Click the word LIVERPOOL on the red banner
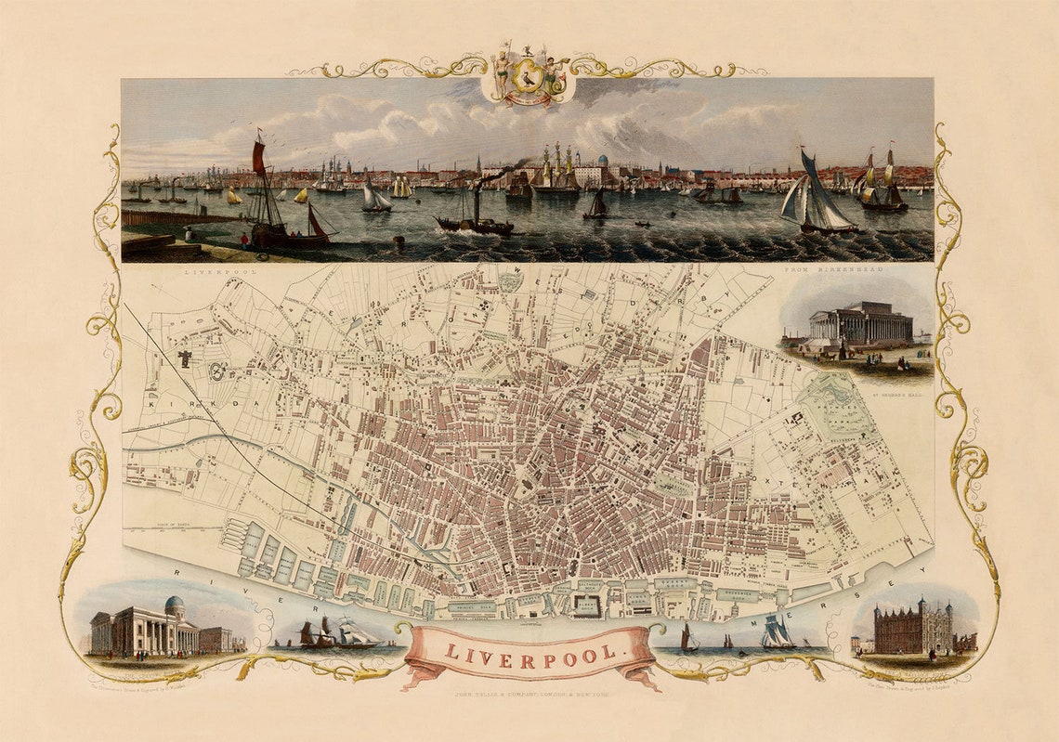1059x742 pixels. (530, 652)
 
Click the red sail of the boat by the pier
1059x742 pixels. (258, 158)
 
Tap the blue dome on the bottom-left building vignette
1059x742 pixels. (174, 605)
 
